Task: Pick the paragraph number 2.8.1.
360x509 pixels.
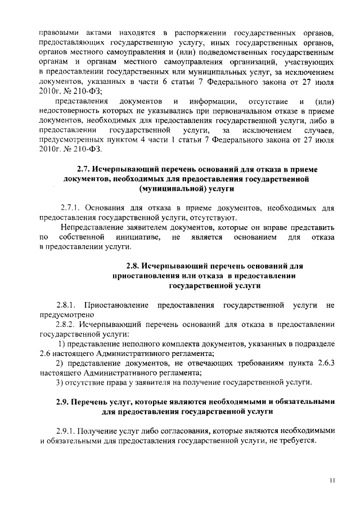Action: (x=67, y=305)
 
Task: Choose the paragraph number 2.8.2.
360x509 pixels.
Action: (x=67, y=325)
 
